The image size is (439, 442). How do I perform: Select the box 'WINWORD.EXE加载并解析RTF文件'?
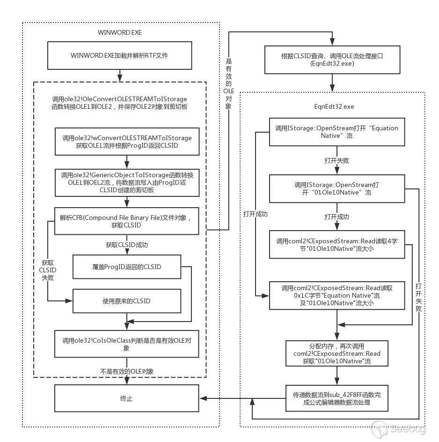pyautogui.click(x=119, y=55)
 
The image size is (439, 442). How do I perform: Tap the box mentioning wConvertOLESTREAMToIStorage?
pyautogui.click(x=127, y=142)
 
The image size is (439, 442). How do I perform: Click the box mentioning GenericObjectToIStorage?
pyautogui.click(x=127, y=182)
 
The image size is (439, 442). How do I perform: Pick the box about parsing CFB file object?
pyautogui.click(x=127, y=221)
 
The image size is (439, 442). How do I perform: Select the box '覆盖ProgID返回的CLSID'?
pyautogui.click(x=126, y=267)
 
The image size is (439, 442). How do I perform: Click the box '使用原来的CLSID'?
pyautogui.click(x=126, y=301)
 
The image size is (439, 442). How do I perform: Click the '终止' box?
pyautogui.click(x=126, y=399)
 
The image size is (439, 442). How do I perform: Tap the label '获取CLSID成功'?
pyautogui.click(x=127, y=245)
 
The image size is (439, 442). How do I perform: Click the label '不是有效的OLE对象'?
pyautogui.click(x=127, y=371)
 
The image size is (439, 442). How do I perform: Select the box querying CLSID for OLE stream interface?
pyautogui.click(x=332, y=59)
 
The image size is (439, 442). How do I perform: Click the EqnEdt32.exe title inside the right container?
pyautogui.click(x=334, y=107)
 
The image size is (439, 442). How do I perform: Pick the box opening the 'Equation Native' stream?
pyautogui.click(x=337, y=132)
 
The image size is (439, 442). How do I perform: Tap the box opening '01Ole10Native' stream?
pyautogui.click(x=337, y=188)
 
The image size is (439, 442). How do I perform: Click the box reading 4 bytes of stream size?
pyautogui.click(x=337, y=244)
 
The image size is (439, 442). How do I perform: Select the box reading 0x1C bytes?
pyautogui.click(x=337, y=295)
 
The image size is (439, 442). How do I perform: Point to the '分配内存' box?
pyautogui.click(x=337, y=353)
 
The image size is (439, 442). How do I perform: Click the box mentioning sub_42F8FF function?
pyautogui.click(x=337, y=399)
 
